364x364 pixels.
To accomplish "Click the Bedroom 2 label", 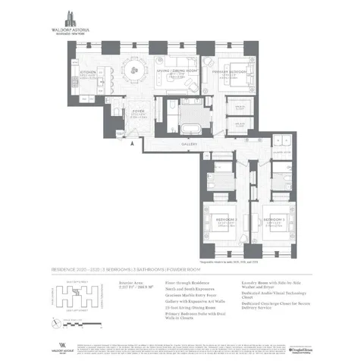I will point(222,220).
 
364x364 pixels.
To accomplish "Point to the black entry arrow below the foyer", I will point(131,142).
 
